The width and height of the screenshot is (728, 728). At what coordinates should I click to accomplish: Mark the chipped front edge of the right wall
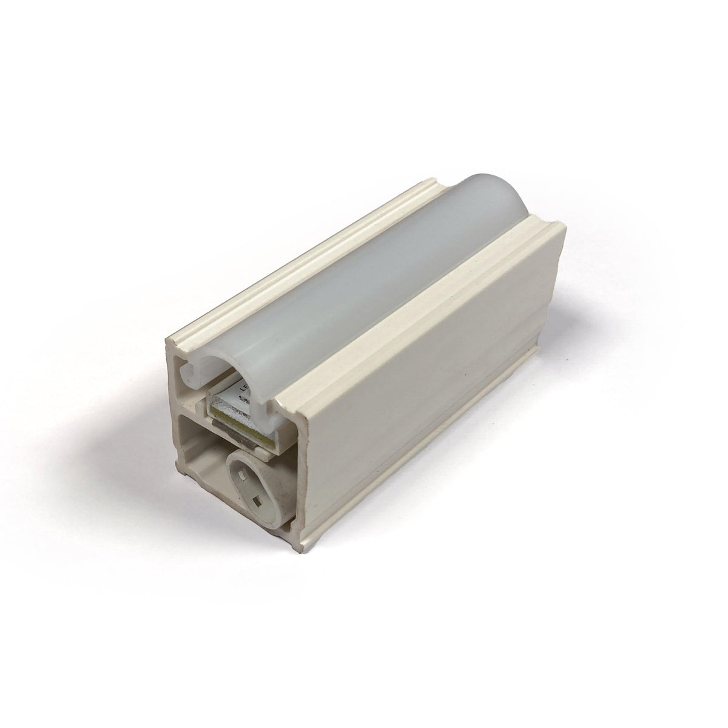point(307,461)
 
